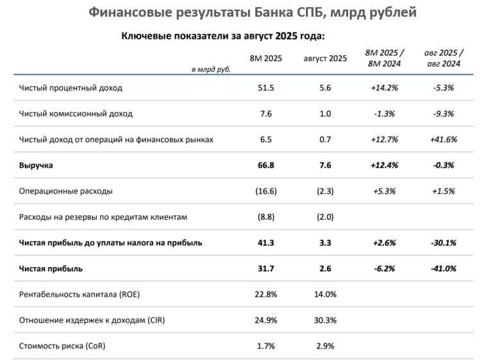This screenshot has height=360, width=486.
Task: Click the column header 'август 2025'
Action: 325,58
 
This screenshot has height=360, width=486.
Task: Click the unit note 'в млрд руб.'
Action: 211,68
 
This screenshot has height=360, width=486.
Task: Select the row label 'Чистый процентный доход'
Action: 71,88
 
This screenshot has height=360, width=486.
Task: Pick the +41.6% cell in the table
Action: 444,139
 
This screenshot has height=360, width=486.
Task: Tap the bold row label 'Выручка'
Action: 36,165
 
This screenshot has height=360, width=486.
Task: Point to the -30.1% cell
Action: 444,243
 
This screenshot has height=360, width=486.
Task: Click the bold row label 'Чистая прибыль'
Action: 51,268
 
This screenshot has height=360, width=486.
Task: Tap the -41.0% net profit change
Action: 444,268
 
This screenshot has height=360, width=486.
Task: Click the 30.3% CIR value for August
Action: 325,320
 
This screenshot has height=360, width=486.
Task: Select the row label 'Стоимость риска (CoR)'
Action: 63,346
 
